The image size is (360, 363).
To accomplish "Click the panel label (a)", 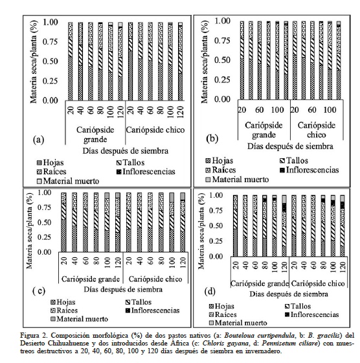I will pos(39,139).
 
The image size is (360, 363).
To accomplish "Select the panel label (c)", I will pos(38,290).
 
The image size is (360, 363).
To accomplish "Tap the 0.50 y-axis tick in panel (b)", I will pos(221,60).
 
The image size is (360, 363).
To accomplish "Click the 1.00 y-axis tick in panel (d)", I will pos(220,196).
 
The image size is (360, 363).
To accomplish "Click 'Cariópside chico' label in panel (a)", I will pos(155,130).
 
